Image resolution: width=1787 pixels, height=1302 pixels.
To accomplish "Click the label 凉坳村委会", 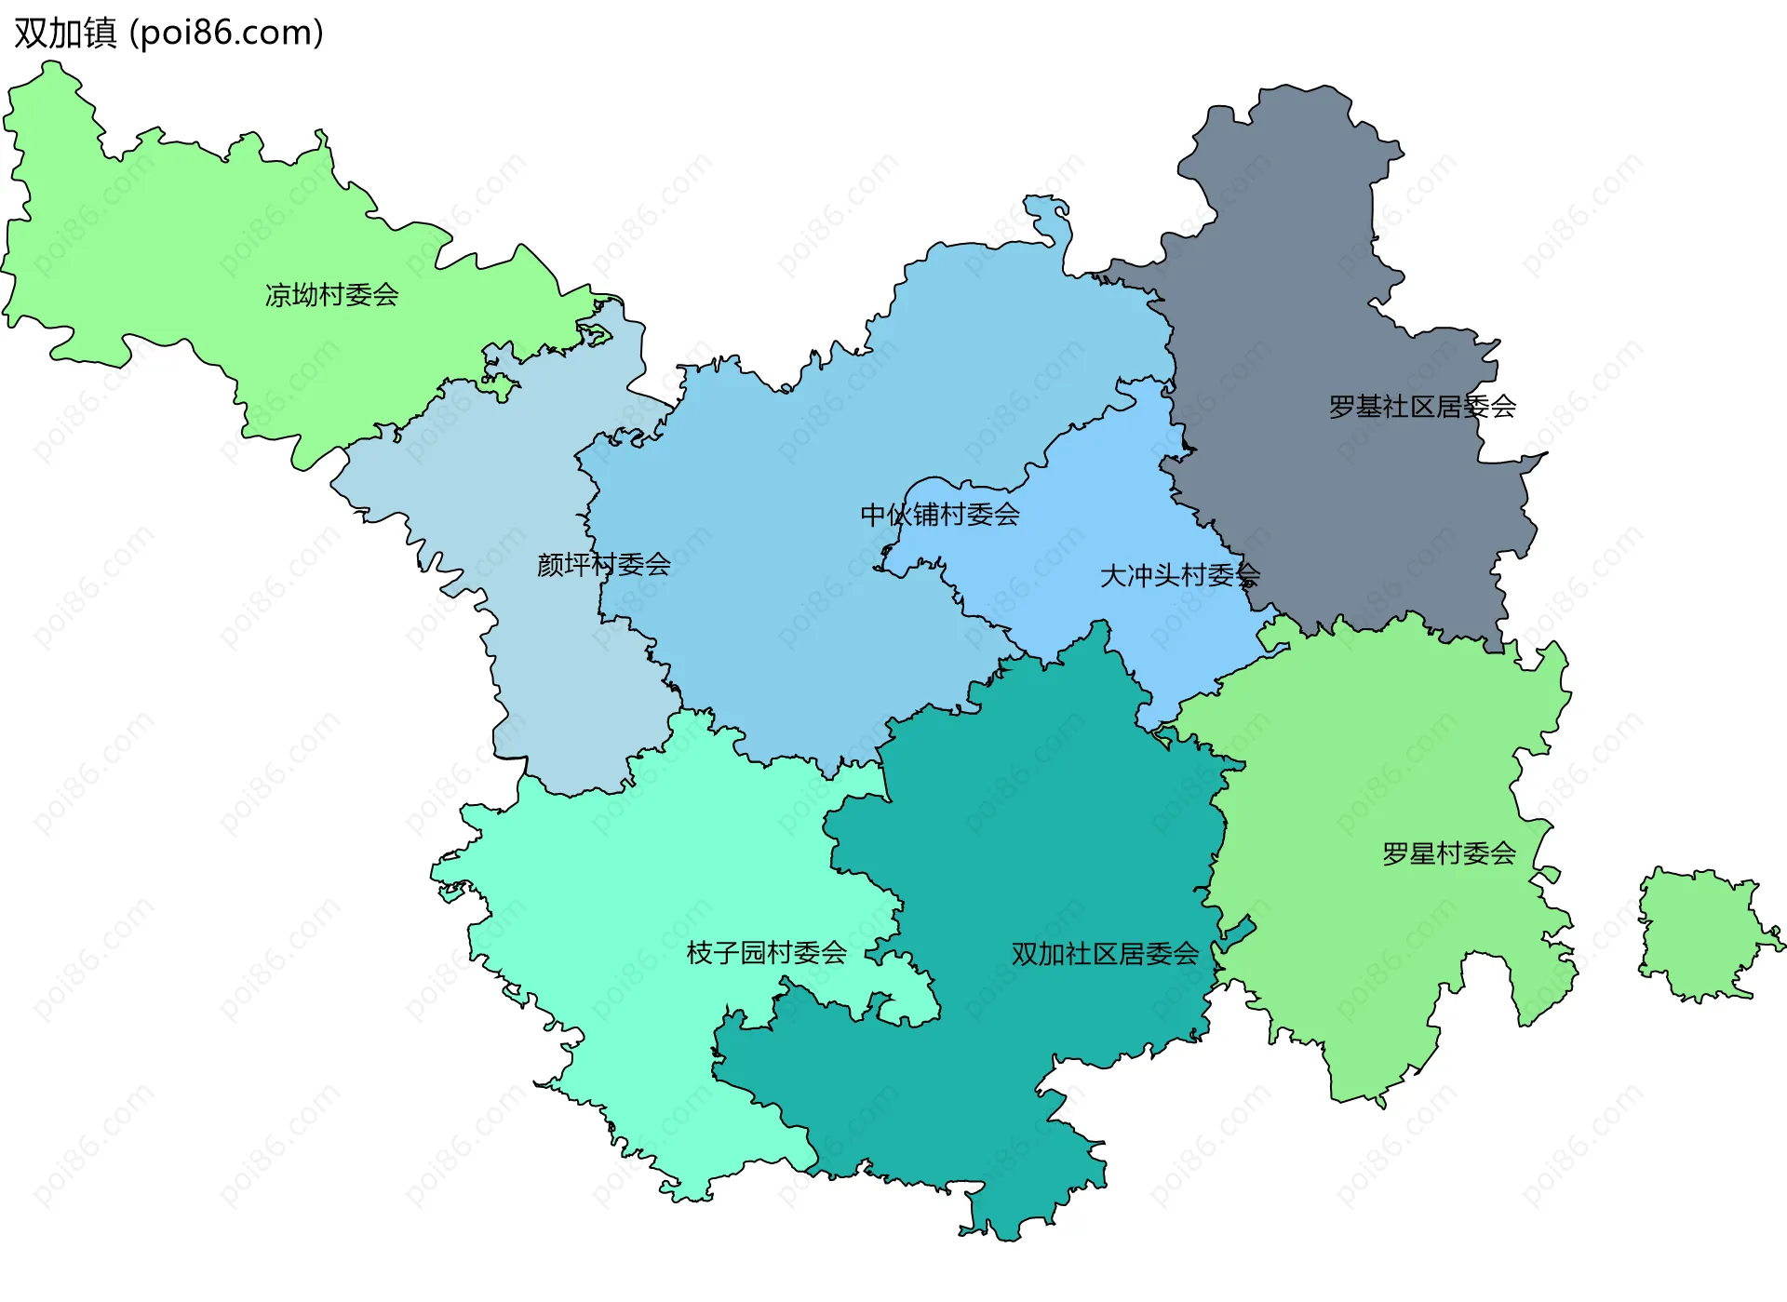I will pyautogui.click(x=331, y=295).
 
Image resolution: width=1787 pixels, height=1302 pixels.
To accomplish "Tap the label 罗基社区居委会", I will pyautogui.click(x=1422, y=407).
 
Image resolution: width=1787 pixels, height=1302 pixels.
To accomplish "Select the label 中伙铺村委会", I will pyautogui.click(x=940, y=515).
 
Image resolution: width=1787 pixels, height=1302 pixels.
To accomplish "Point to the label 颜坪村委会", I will pyautogui.click(x=603, y=564).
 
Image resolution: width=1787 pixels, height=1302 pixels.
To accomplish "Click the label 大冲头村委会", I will pyautogui.click(x=1179, y=575).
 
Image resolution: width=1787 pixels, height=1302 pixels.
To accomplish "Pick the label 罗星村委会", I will pyautogui.click(x=1448, y=853).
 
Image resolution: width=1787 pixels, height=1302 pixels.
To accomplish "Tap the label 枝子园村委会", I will pyautogui.click(x=766, y=952).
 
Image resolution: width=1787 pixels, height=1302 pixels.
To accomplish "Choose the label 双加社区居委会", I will pyautogui.click(x=1105, y=954).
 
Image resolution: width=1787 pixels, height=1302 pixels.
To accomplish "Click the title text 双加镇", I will pyautogui.click(x=65, y=34).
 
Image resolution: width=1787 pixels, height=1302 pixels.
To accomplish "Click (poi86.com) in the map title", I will pyautogui.click(x=226, y=34).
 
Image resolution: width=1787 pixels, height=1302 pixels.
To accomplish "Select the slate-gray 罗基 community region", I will pyautogui.click(x=1303, y=279).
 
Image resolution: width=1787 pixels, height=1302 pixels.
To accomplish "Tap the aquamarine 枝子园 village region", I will pyautogui.click(x=652, y=884).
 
